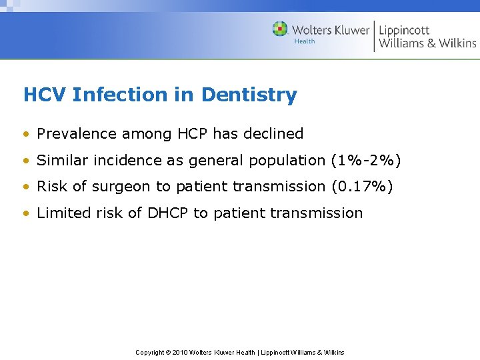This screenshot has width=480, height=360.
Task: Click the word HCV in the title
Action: (x=45, y=95)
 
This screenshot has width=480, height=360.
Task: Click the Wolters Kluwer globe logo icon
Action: (x=280, y=29)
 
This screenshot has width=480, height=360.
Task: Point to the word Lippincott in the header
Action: (x=404, y=29)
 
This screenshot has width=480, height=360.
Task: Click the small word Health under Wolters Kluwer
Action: (x=304, y=41)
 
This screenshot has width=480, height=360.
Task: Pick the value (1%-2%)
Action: (x=366, y=161)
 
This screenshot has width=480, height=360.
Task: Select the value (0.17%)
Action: (x=362, y=187)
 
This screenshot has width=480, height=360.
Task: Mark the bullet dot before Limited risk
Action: (x=27, y=214)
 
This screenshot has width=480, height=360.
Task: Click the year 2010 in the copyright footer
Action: (x=180, y=353)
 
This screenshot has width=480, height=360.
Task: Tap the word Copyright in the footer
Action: (x=150, y=353)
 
